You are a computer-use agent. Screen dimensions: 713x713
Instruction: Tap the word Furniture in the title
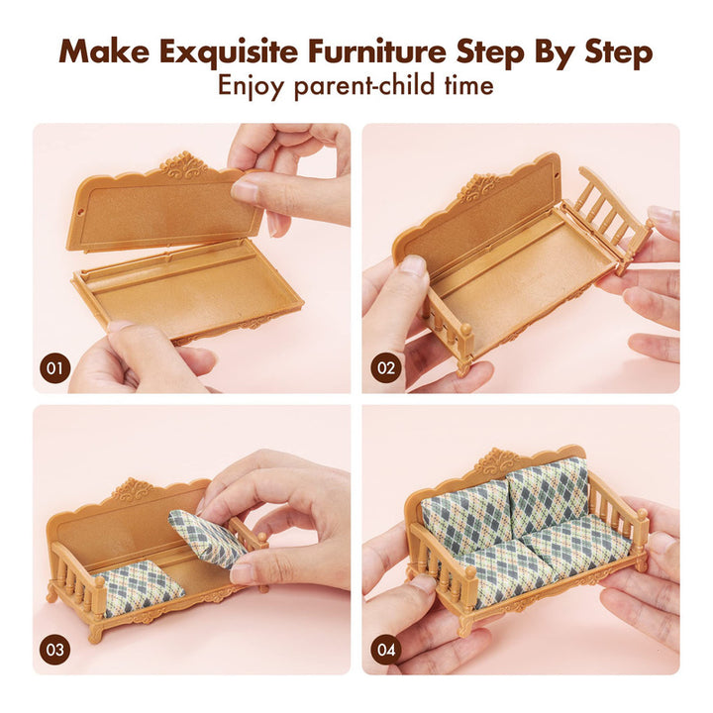pos(377,51)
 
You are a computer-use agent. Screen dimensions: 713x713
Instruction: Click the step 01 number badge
pos(54,367)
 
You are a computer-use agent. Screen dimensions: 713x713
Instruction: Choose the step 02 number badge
pos(386,367)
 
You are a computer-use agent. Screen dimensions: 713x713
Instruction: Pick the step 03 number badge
pos(54,650)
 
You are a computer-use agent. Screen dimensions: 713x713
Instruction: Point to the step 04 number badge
pos(386,650)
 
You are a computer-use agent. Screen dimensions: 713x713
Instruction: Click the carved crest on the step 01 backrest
pos(184,164)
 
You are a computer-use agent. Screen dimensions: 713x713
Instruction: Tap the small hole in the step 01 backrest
pos(80,212)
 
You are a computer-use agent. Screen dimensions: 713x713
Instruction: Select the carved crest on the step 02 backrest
pos(478,187)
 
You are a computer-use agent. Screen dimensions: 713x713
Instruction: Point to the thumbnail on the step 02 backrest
pos(412,265)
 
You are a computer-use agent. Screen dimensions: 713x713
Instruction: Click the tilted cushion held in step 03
pos(207,538)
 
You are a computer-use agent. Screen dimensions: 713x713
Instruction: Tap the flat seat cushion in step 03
pos(138,586)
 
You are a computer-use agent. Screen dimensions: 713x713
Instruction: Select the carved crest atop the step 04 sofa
pos(499,462)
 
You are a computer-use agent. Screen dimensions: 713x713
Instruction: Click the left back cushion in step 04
pos(465,518)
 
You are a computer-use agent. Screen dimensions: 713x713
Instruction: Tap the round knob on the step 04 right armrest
pos(642,514)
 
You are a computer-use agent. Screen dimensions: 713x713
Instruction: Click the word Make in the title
pos(104,51)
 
